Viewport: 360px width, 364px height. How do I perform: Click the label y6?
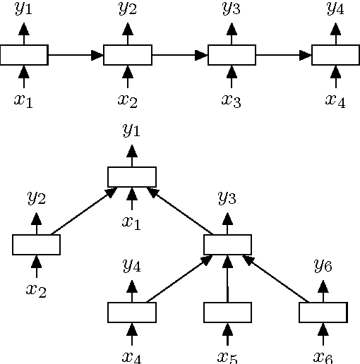coord(323,266)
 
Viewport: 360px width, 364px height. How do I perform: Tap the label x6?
coord(323,356)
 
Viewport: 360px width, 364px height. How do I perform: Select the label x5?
coord(227,356)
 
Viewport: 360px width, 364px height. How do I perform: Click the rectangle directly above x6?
coord(323,311)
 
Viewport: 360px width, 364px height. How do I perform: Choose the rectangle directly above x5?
coord(227,311)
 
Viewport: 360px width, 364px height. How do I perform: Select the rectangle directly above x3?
coord(232,54)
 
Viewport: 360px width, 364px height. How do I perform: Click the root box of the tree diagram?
coord(131,176)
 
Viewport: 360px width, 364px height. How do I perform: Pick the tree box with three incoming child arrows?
coord(227,244)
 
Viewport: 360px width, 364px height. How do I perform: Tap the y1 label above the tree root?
coord(131,131)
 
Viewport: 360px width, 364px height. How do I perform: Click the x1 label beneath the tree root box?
coord(131,222)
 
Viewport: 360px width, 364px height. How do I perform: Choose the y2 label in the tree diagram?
coord(37,198)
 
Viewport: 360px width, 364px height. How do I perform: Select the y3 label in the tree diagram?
coord(227,198)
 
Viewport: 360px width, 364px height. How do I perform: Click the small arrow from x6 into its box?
coord(323,333)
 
